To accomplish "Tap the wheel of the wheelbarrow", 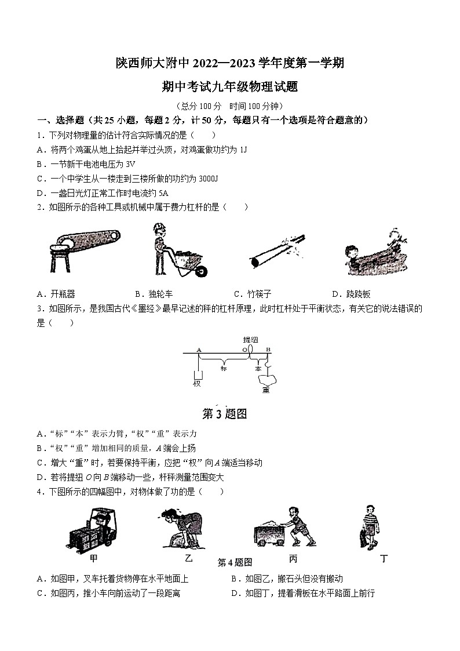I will tap(202, 271).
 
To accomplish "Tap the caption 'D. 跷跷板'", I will tap(351, 294).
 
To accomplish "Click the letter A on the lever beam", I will tap(199, 350).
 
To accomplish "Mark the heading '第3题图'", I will tap(224, 414).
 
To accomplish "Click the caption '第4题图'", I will tap(235, 562).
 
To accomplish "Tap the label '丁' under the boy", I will tap(384, 559).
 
